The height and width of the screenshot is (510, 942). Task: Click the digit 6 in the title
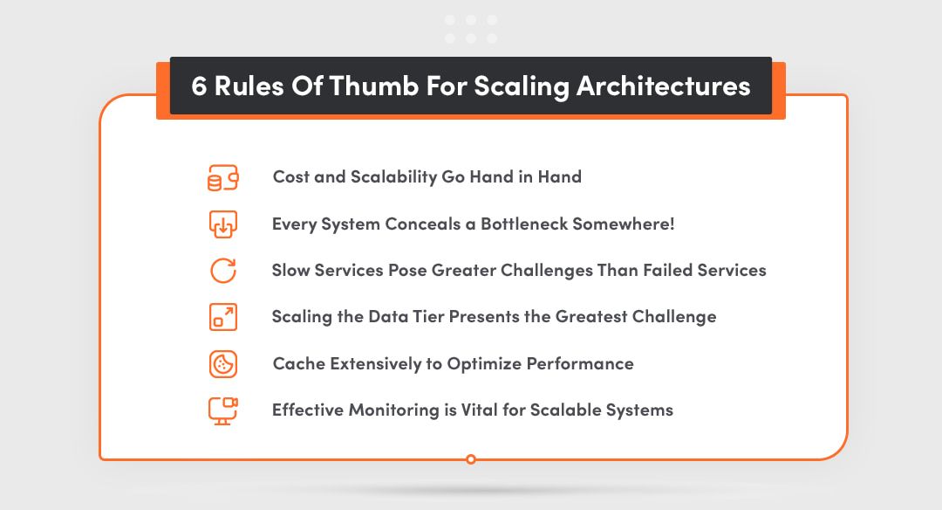[199, 86]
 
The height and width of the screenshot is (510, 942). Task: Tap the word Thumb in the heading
[373, 86]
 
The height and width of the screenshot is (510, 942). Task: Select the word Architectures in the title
[663, 86]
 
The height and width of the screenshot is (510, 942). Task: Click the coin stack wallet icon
[223, 177]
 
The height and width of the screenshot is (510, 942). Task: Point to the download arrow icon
[223, 224]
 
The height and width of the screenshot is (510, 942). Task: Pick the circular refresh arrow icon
[223, 270]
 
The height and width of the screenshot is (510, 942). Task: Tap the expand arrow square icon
[223, 317]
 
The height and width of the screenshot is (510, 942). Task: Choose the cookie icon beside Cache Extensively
[223, 364]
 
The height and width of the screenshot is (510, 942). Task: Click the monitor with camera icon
[223, 410]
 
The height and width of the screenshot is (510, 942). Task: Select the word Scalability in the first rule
[393, 177]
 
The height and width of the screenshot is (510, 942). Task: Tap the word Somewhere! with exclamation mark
[624, 224]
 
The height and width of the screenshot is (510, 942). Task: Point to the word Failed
[667, 270]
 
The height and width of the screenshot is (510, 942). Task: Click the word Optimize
[484, 364]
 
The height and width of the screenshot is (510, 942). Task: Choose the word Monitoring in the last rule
[394, 410]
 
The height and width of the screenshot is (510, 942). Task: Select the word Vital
[479, 410]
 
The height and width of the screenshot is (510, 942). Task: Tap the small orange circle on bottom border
[471, 459]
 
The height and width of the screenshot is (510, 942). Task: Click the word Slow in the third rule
[290, 270]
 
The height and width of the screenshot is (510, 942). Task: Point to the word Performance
[580, 363]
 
